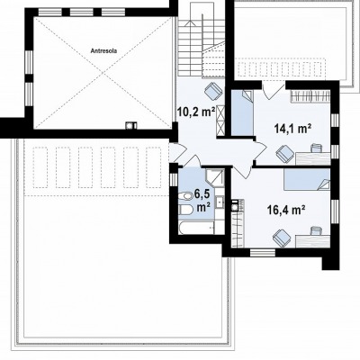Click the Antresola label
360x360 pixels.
click(x=103, y=50)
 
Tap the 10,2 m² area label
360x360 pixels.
click(x=196, y=112)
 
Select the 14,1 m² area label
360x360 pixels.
click(x=292, y=129)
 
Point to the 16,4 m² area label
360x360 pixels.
click(x=286, y=210)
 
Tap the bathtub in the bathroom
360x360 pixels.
click(x=196, y=229)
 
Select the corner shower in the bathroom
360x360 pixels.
click(x=214, y=177)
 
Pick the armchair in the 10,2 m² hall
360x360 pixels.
click(x=212, y=90)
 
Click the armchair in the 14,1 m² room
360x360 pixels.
click(x=285, y=153)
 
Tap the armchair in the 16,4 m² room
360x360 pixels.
click(x=282, y=238)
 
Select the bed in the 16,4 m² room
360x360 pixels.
click(x=307, y=179)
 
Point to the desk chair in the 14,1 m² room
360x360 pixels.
click(x=316, y=148)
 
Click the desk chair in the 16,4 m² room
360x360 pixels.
click(x=316, y=230)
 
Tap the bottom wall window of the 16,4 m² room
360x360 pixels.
click(x=263, y=253)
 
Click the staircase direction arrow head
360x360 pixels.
click(x=190, y=22)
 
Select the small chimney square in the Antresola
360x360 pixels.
click(x=131, y=125)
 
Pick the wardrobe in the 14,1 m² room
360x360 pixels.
click(x=310, y=96)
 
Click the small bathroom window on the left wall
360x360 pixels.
click(x=174, y=179)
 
